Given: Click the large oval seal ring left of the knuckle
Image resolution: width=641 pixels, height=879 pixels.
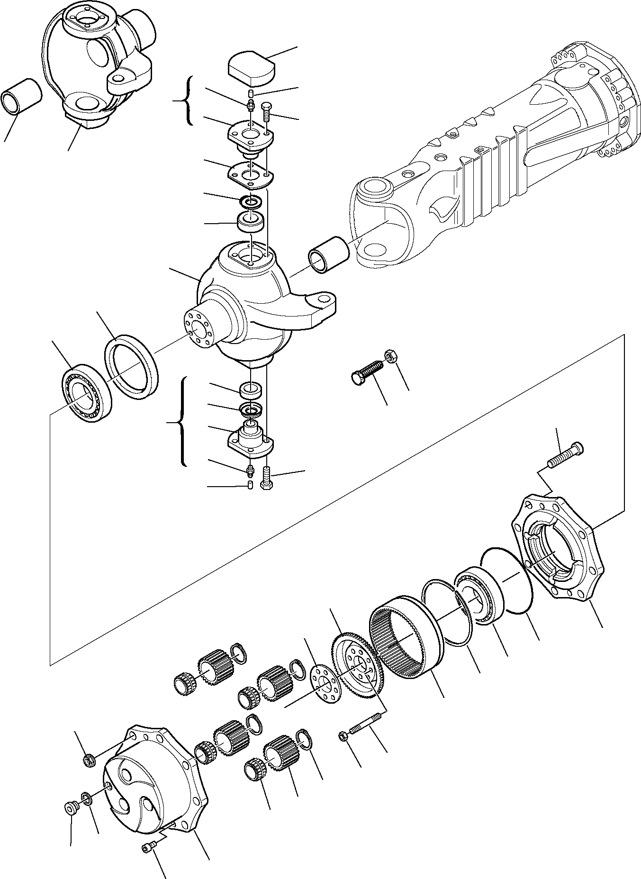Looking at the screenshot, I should (132, 363).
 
